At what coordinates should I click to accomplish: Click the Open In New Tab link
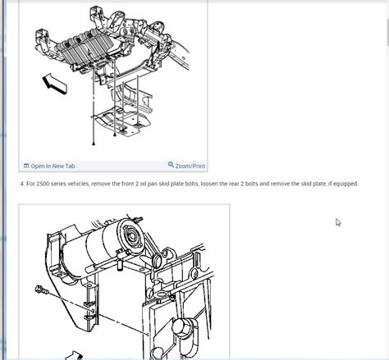[53, 166]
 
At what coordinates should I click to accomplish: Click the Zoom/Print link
[190, 166]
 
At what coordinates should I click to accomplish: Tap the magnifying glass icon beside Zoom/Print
[171, 165]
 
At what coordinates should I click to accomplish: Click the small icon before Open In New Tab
[26, 166]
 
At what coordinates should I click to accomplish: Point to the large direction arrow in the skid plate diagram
[55, 84]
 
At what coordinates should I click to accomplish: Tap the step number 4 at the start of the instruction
[22, 184]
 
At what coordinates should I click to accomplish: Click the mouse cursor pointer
[338, 222]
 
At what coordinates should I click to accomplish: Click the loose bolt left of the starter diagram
[42, 289]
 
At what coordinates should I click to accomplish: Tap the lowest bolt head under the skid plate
[94, 144]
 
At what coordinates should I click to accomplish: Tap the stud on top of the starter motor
[138, 219]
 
